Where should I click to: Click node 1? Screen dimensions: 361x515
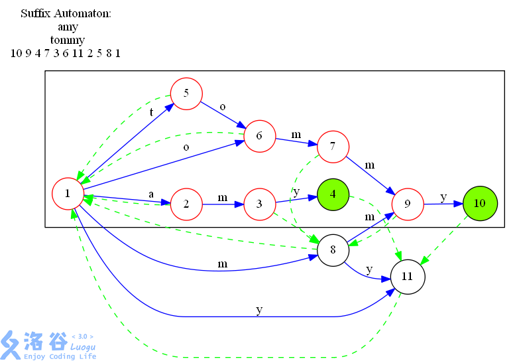[x=68, y=194]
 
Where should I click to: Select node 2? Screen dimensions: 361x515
[x=186, y=204]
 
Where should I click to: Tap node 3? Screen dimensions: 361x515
[x=260, y=204]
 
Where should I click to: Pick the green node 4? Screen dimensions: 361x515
[x=333, y=194]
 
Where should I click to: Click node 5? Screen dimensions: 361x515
[x=186, y=94]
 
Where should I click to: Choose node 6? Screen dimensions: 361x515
[x=260, y=136]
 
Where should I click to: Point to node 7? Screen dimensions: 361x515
[x=333, y=147]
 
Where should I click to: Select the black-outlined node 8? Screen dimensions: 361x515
[x=333, y=250]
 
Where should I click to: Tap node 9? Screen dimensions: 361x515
[x=408, y=204]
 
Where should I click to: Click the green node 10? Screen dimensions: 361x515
[x=480, y=203]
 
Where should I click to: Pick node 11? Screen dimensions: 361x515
[x=408, y=277]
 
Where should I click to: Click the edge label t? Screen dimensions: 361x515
[x=151, y=112]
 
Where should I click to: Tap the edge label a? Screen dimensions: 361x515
[x=151, y=194]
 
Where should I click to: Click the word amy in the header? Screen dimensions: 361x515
[x=68, y=27]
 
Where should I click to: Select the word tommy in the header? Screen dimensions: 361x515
[x=68, y=40]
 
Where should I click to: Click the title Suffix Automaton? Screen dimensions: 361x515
[x=66, y=13]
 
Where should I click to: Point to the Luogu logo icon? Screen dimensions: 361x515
[x=11, y=345]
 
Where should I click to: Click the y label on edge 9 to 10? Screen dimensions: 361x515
[x=443, y=197]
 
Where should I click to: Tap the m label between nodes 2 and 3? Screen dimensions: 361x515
[x=223, y=198]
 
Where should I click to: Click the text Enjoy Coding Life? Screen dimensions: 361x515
[x=60, y=356]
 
